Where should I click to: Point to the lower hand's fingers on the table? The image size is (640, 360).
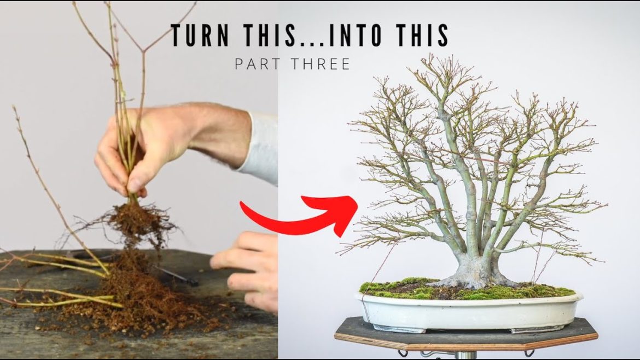[x=245, y=269]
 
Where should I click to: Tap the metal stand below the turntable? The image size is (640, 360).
[x=466, y=355]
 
